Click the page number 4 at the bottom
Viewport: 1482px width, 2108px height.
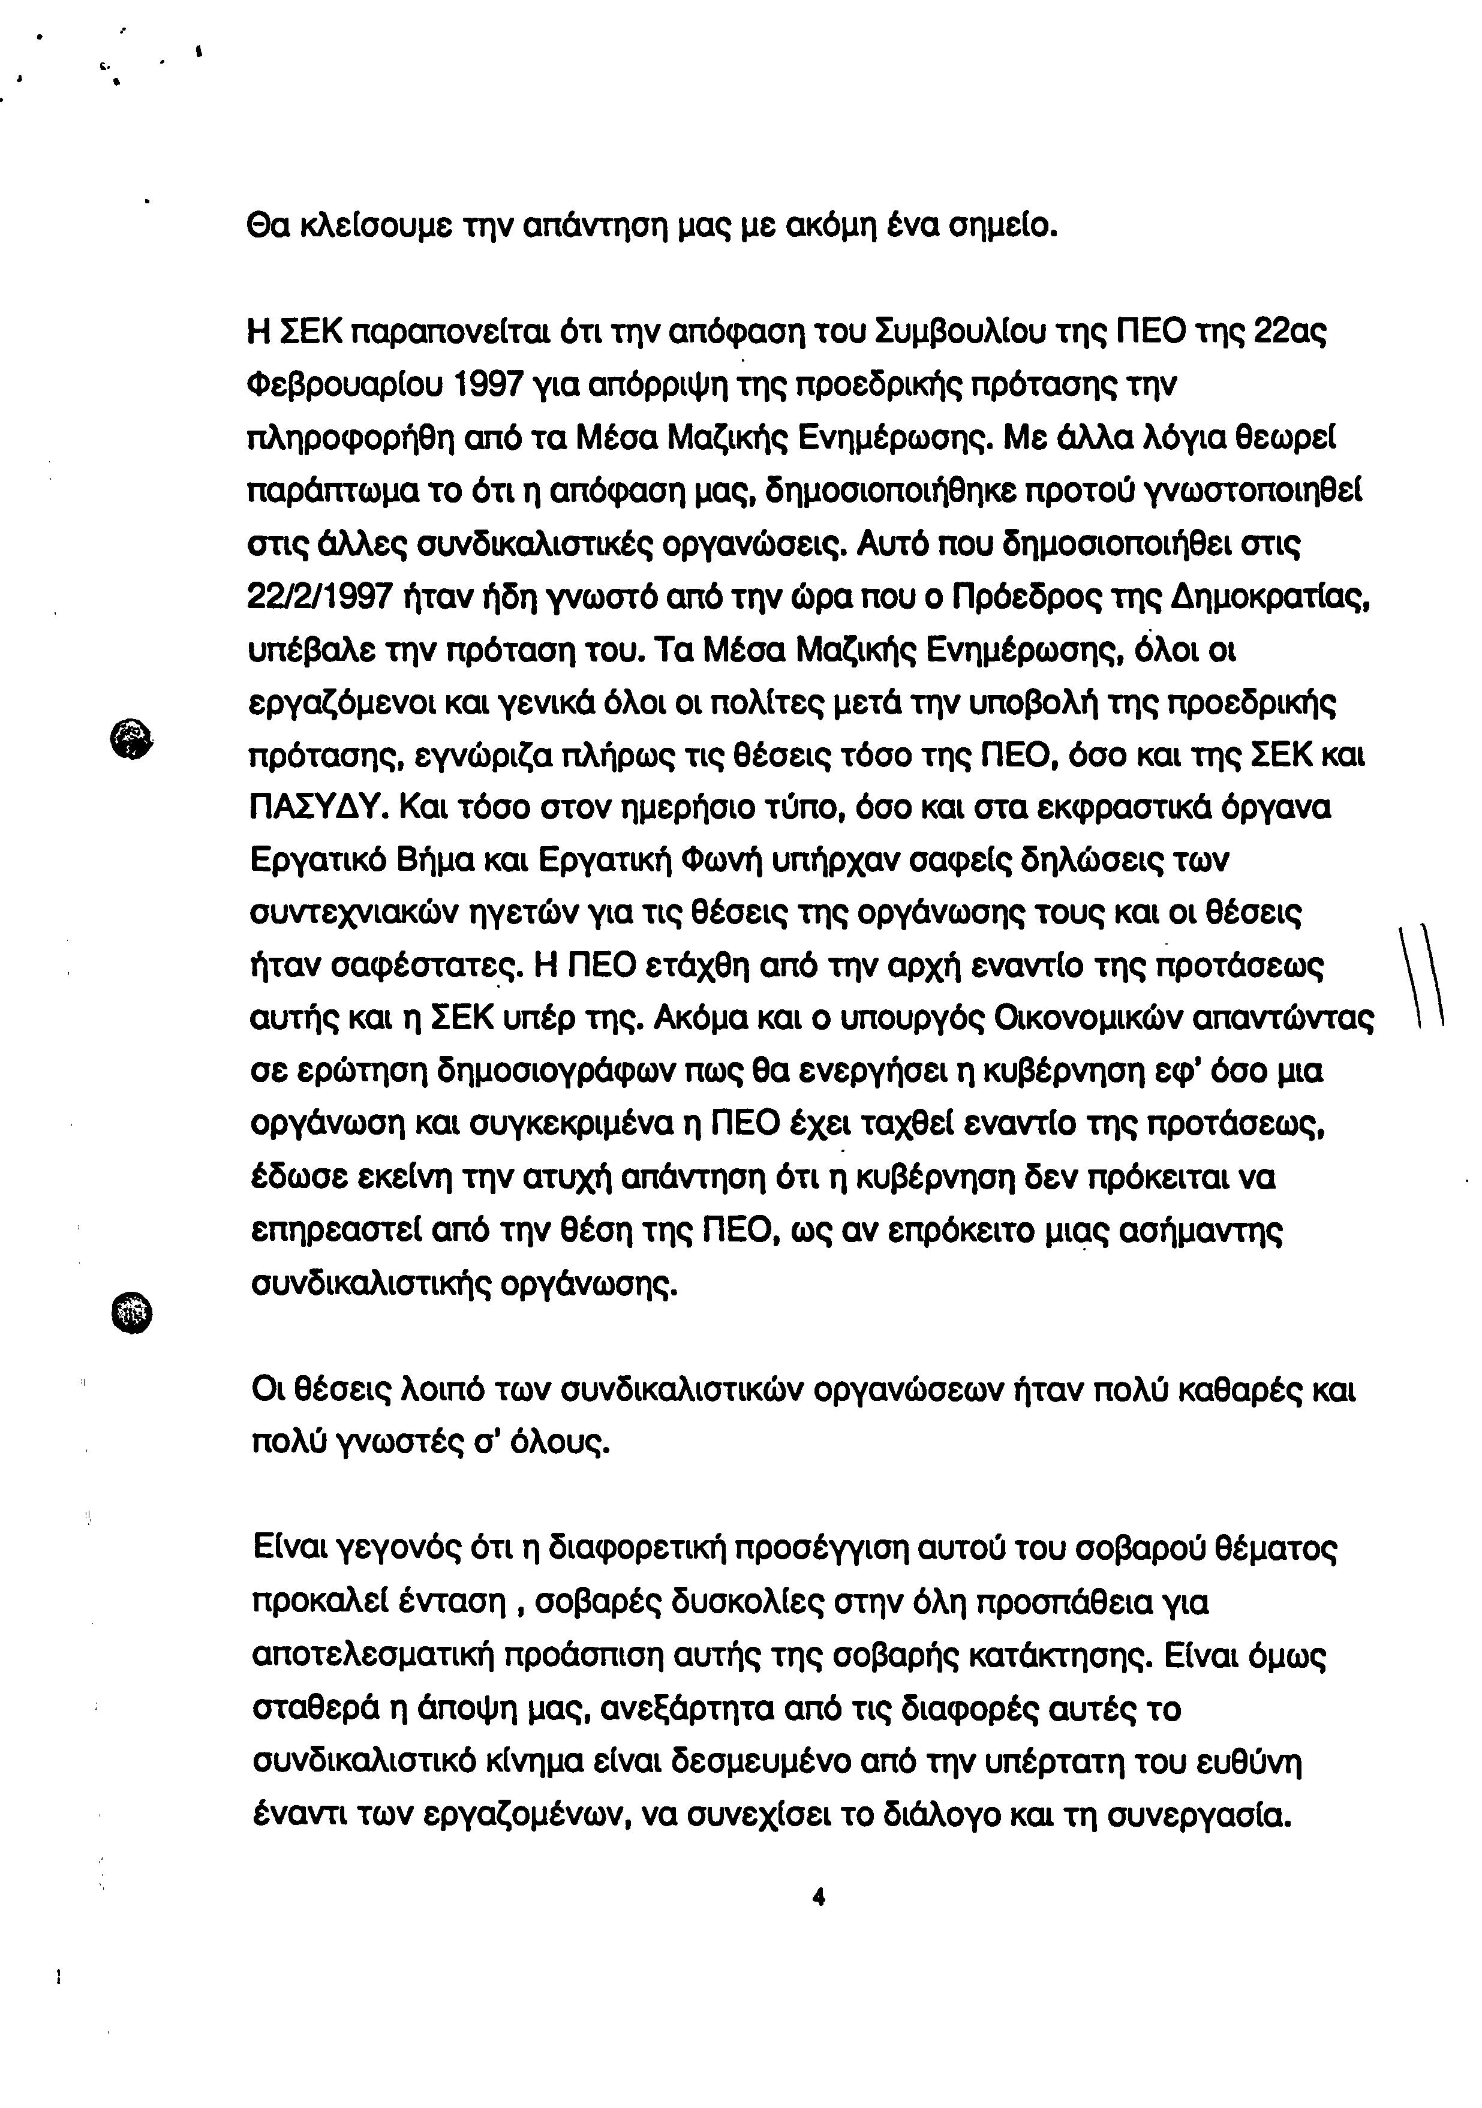pyautogui.click(x=819, y=1897)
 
